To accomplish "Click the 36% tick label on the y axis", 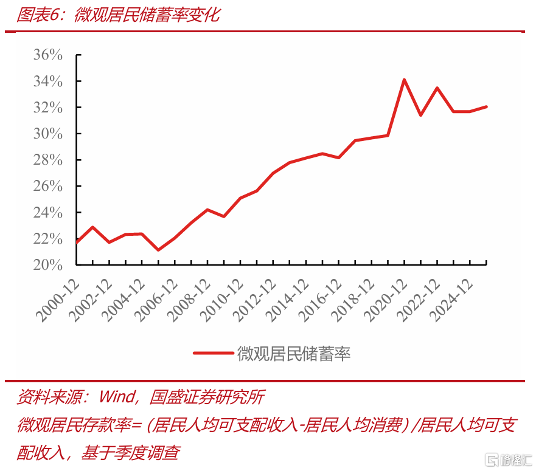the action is [48, 55].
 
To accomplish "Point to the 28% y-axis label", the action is [48, 160].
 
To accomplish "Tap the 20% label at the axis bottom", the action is [48, 265].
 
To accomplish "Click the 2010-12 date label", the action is [222, 301].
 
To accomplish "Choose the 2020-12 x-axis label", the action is [386, 301].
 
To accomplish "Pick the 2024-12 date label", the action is [452, 301].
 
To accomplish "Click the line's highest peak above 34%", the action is [404, 80].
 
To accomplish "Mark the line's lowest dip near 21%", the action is [158, 250].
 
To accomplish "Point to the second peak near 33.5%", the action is [437, 88].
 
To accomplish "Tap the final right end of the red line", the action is [486, 107].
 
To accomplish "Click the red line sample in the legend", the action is [214, 353].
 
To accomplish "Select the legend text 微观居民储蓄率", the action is [294, 354].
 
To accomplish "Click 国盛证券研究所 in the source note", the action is [207, 397].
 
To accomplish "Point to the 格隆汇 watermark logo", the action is [508, 459].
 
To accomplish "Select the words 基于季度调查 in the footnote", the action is [131, 453].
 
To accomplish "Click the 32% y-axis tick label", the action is [48, 107].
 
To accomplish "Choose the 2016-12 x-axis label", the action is [321, 301].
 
